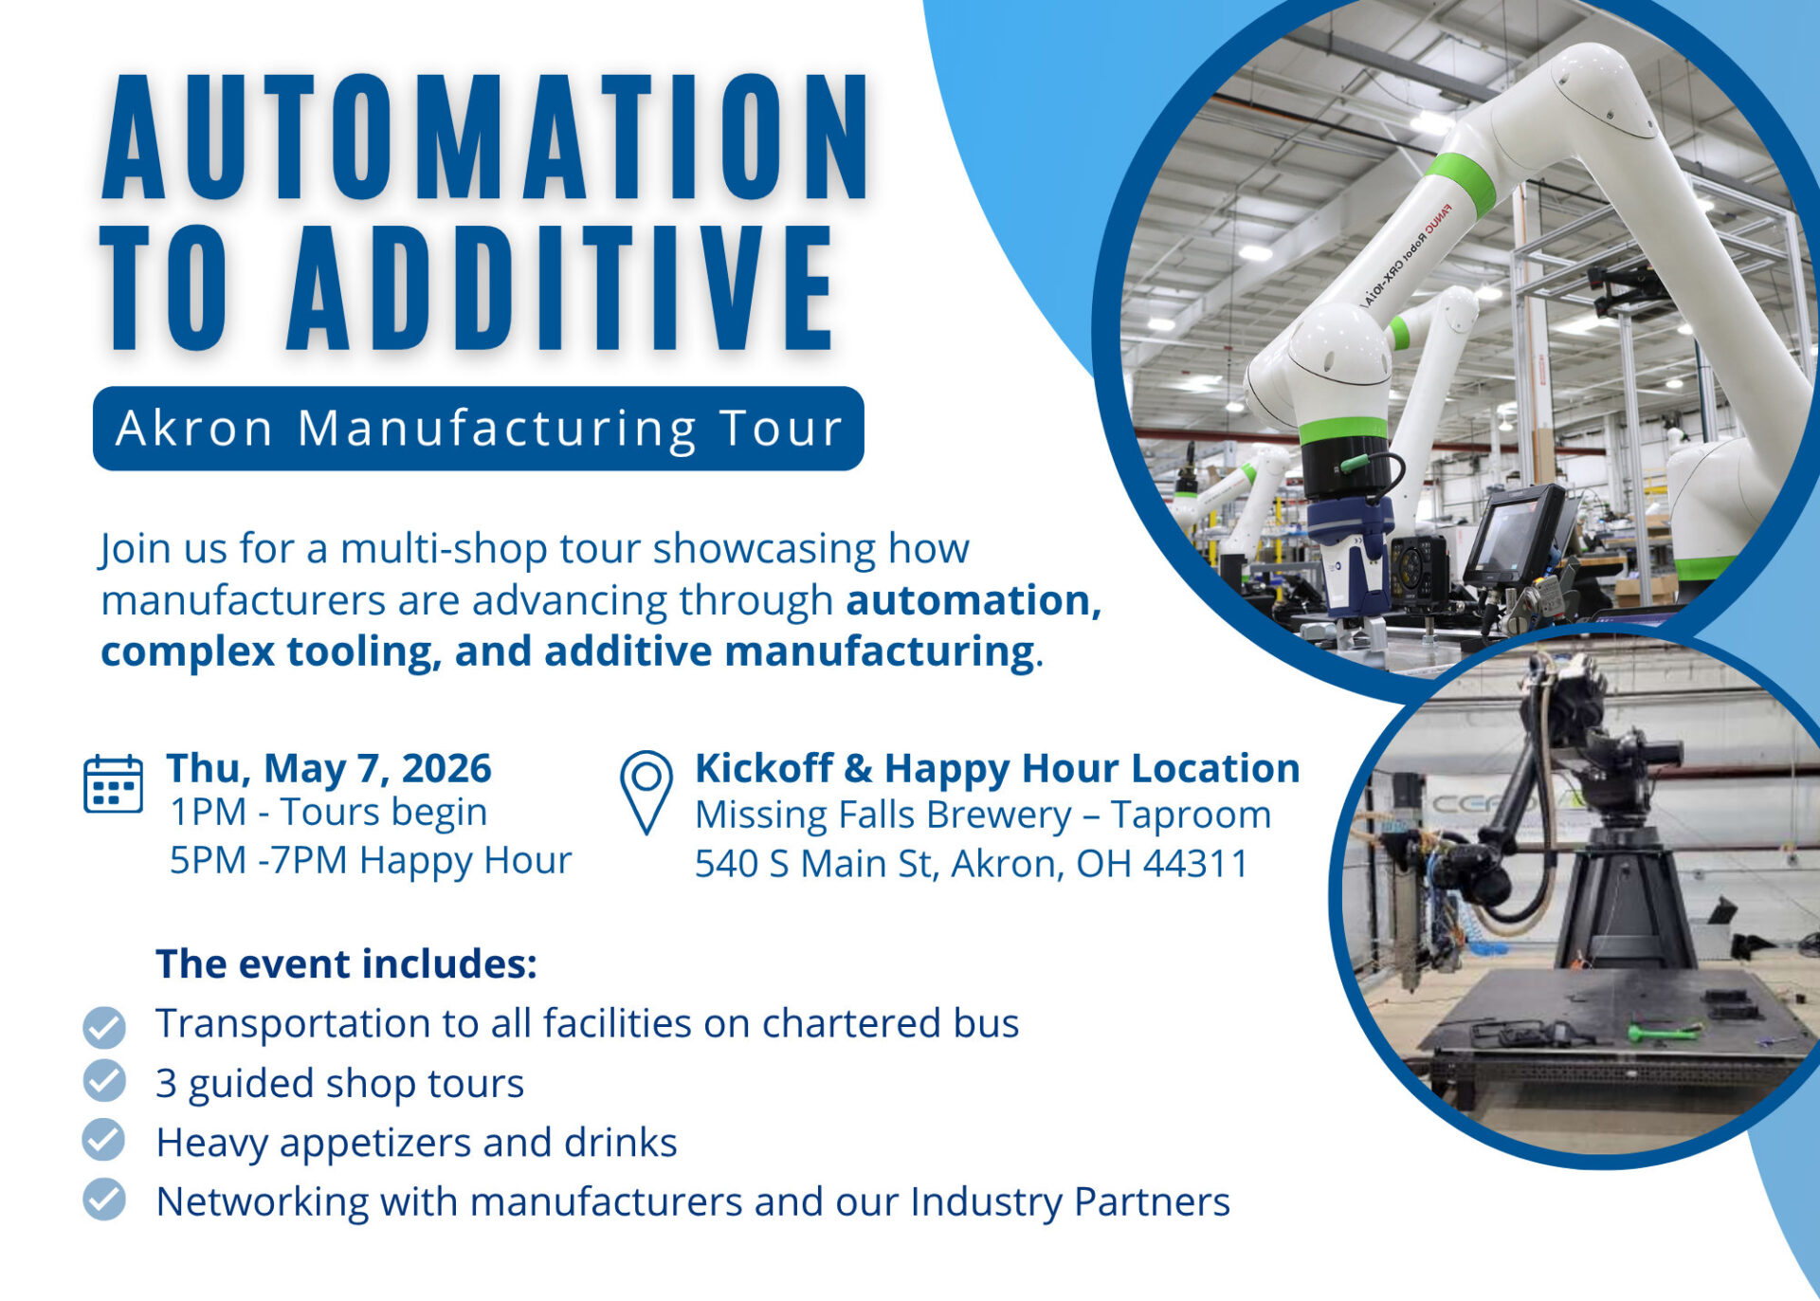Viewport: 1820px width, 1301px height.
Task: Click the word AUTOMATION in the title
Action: point(484,137)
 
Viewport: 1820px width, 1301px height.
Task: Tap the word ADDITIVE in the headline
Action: point(559,289)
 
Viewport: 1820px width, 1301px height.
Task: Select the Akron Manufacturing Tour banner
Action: point(479,429)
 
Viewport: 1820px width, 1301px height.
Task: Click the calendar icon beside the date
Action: point(113,784)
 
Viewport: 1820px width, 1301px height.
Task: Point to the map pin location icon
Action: point(646,792)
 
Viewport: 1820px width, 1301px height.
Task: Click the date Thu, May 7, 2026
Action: point(329,768)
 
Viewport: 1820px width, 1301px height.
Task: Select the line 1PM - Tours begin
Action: point(328,813)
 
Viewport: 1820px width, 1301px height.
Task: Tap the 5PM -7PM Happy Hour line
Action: point(371,861)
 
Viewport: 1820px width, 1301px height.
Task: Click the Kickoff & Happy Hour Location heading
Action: point(997,768)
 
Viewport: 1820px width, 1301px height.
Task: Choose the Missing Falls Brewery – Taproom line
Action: point(983,815)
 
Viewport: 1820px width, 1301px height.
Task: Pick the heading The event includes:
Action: point(347,964)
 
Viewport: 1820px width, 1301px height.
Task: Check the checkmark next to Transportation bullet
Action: point(104,1026)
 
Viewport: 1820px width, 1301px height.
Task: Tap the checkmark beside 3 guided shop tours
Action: point(104,1081)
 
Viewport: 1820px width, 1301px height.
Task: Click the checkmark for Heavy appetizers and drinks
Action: point(104,1141)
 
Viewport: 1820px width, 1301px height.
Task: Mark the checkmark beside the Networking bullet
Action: point(104,1200)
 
